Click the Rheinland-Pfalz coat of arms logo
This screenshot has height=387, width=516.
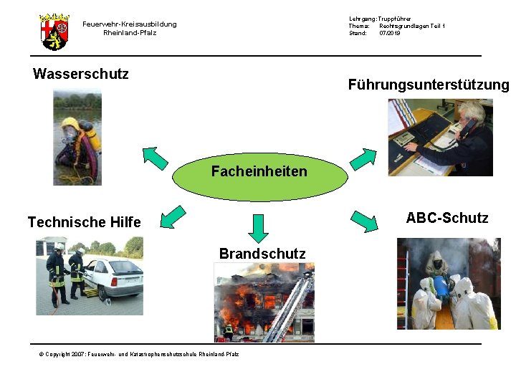[x=54, y=31]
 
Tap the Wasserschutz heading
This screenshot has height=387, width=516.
[x=81, y=74]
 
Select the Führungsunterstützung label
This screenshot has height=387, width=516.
[x=429, y=85]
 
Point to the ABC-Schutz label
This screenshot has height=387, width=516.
[x=447, y=218]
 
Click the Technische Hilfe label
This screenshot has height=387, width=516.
[x=84, y=222]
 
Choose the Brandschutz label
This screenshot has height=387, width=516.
[x=262, y=254]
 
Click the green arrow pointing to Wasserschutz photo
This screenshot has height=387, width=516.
[x=155, y=157]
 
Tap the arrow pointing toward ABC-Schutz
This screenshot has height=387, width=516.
[x=363, y=221]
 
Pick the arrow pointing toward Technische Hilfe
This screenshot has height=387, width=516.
[x=173, y=217]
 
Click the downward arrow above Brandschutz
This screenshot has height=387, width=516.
[x=259, y=228]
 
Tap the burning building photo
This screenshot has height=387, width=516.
[x=264, y=302]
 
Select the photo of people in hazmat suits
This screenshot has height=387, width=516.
[x=449, y=284]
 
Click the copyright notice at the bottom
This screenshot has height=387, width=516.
[x=139, y=354]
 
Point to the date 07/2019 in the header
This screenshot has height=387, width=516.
[x=390, y=33]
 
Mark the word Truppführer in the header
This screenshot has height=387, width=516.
[x=396, y=18]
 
